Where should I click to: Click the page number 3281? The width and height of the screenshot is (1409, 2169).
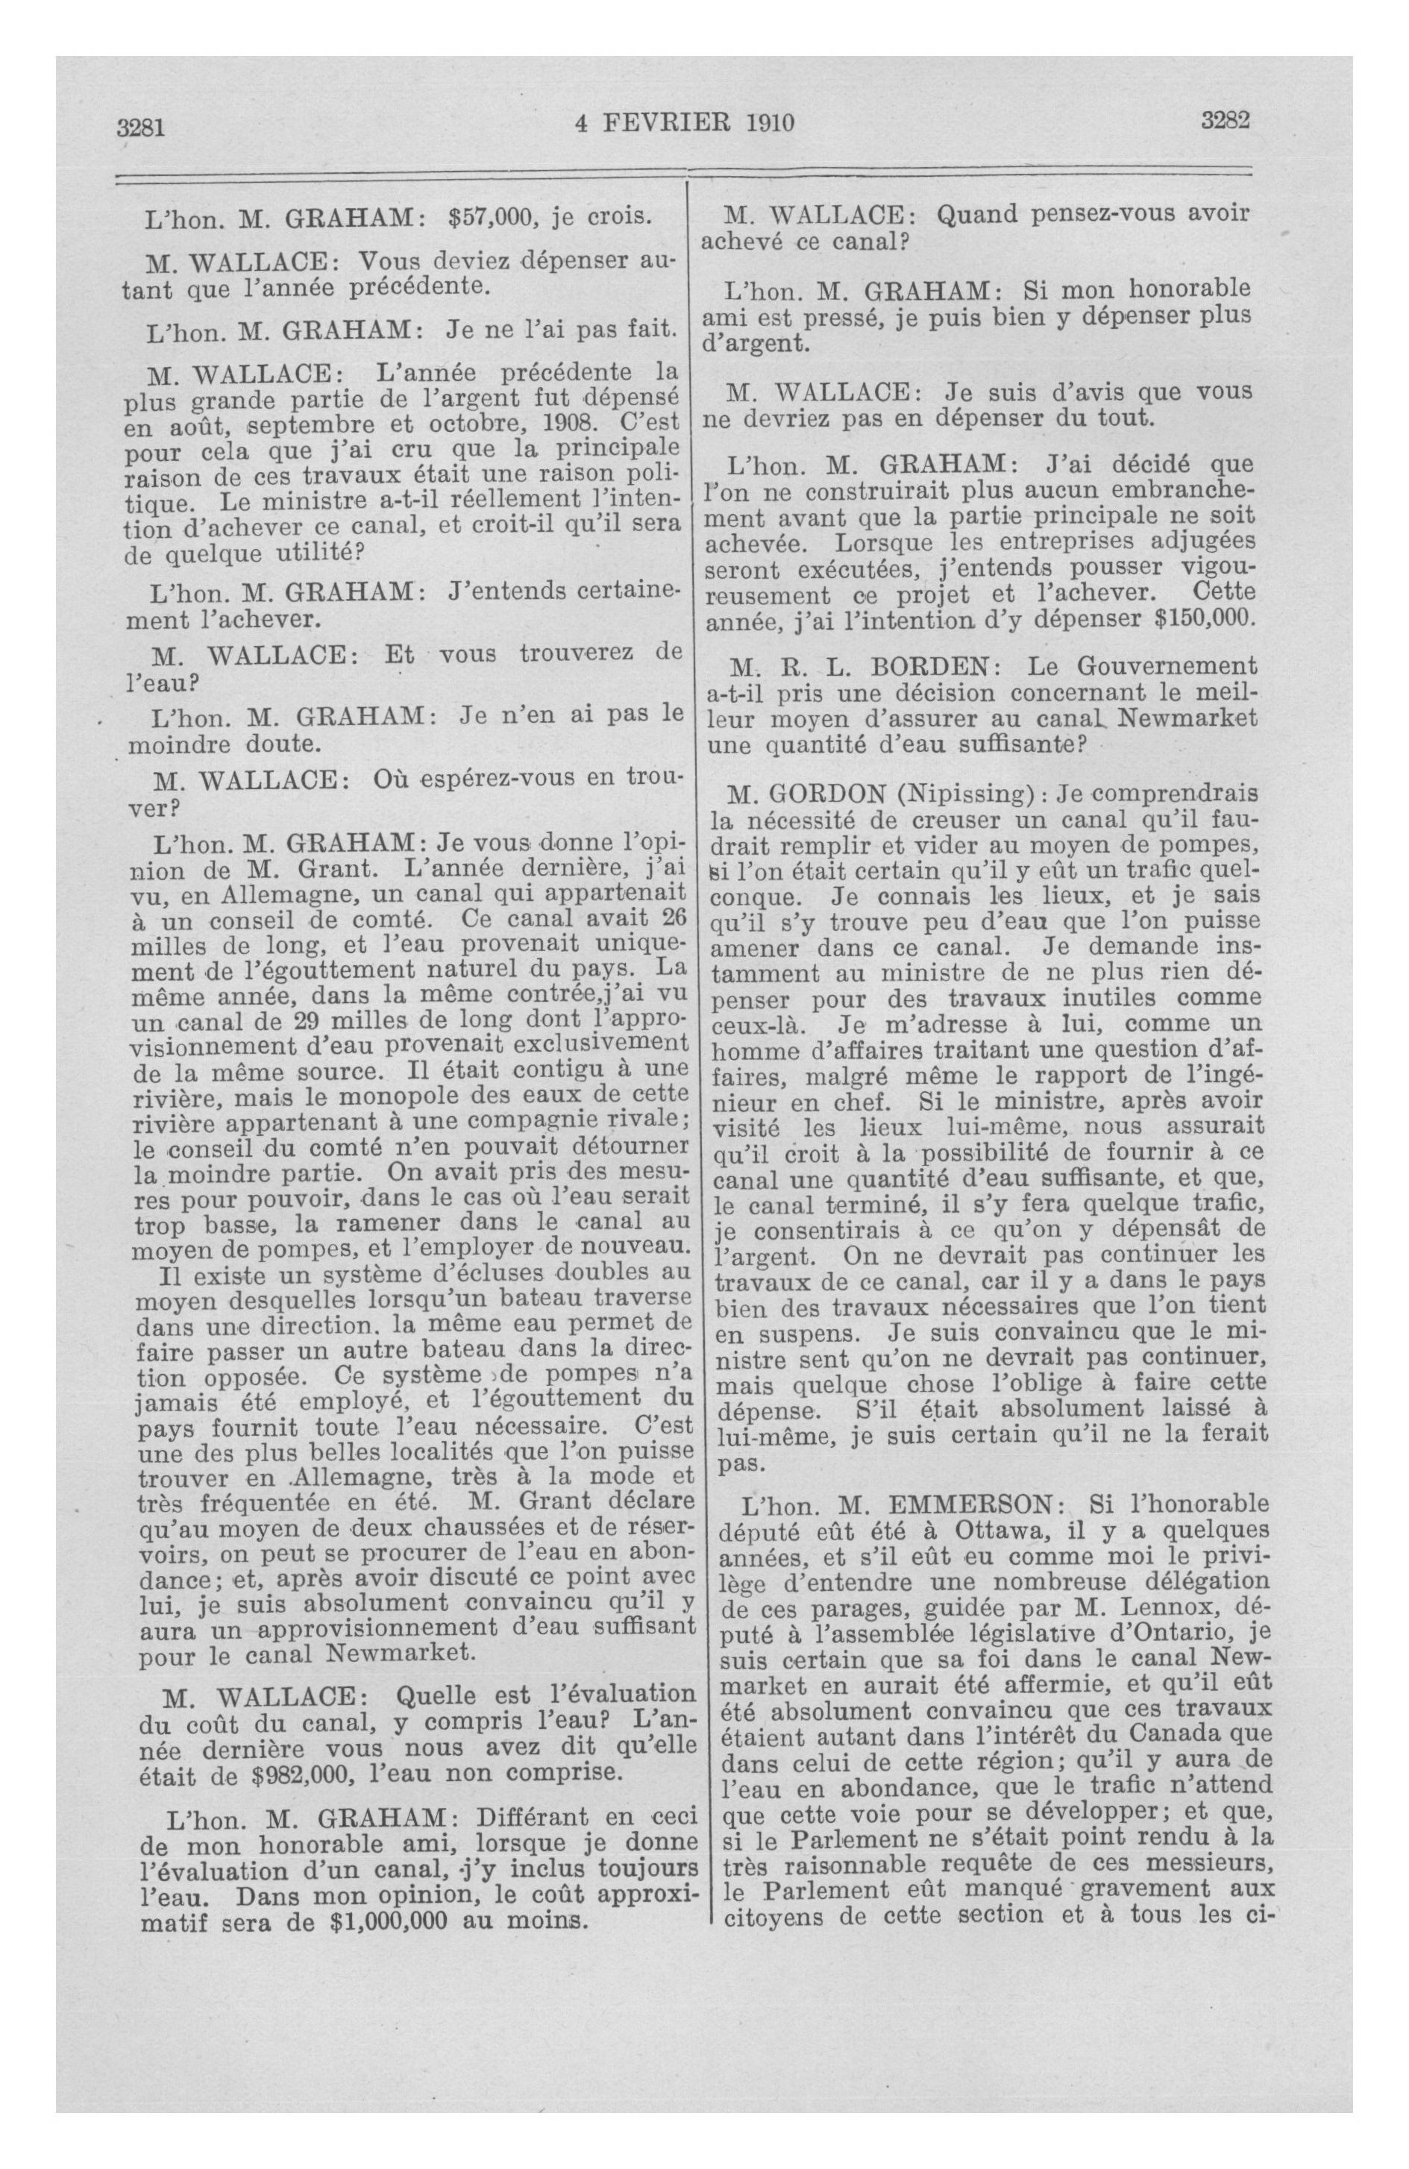pos(139,127)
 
